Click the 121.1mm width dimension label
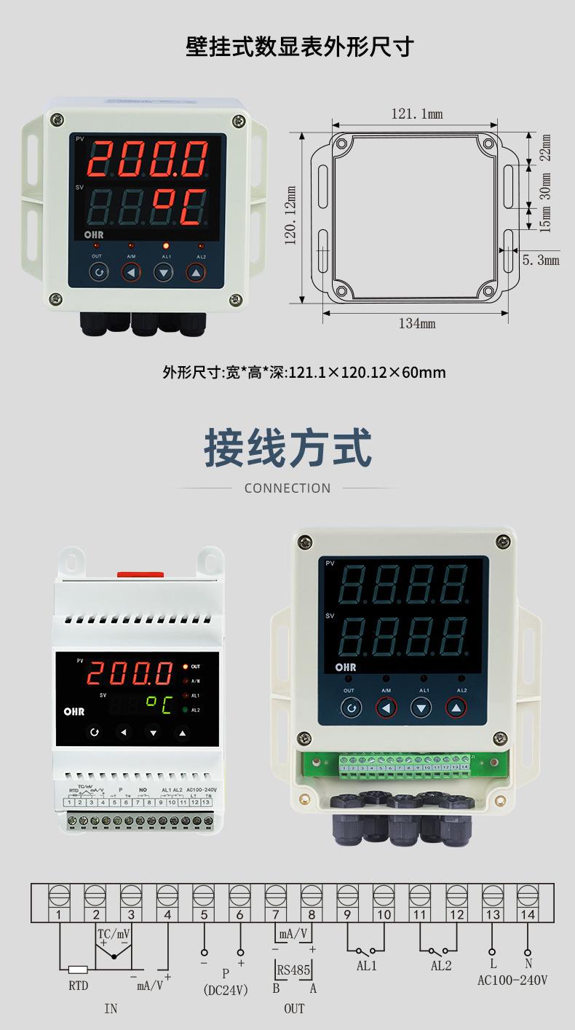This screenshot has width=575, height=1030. point(416,114)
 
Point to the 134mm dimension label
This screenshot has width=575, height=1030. point(416,323)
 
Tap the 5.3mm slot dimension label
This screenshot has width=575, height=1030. point(540,260)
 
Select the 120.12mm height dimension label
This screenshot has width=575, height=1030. point(290,215)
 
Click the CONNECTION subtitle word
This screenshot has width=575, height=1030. point(287,488)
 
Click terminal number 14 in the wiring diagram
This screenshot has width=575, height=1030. point(527,915)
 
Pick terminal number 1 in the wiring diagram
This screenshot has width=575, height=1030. point(58,915)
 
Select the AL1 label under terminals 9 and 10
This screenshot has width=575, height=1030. point(367,966)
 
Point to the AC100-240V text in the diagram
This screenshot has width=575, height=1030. point(512,981)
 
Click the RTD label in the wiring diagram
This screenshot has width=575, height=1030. point(78,986)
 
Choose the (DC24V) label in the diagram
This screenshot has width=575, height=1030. point(225,990)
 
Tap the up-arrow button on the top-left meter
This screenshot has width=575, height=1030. point(196,272)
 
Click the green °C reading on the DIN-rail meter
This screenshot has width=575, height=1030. point(158,704)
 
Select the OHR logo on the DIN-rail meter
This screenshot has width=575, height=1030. point(74,711)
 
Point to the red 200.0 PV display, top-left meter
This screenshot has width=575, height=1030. point(148,159)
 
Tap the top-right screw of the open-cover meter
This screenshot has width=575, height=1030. point(501,541)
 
